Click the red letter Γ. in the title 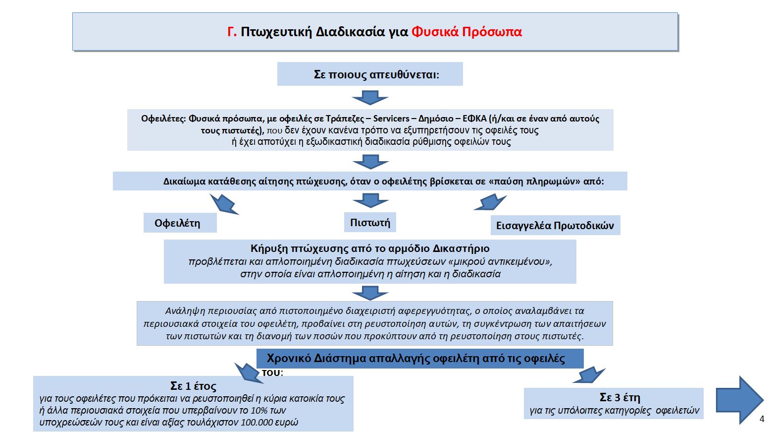click(x=232, y=32)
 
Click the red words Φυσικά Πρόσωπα click(x=466, y=32)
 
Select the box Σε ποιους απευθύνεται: click(x=370, y=74)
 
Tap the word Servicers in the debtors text click(x=391, y=119)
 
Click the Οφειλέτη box click(x=179, y=223)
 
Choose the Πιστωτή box click(x=370, y=222)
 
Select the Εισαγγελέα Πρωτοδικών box click(x=555, y=225)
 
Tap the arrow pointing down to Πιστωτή click(x=370, y=200)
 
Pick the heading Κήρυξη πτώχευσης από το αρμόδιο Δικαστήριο click(x=370, y=248)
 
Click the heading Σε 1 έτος click(x=193, y=386)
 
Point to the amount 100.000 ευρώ click(x=269, y=423)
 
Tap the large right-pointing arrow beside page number click(x=738, y=399)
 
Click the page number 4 click(x=762, y=419)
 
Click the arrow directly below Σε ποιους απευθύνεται click(x=370, y=97)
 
